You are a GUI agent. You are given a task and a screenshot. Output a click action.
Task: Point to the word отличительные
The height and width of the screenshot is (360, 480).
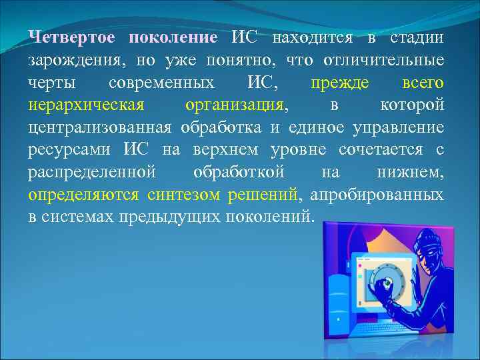point(383,60)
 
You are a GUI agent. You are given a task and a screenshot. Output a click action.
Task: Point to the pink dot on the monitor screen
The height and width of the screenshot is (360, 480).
point(360,275)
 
